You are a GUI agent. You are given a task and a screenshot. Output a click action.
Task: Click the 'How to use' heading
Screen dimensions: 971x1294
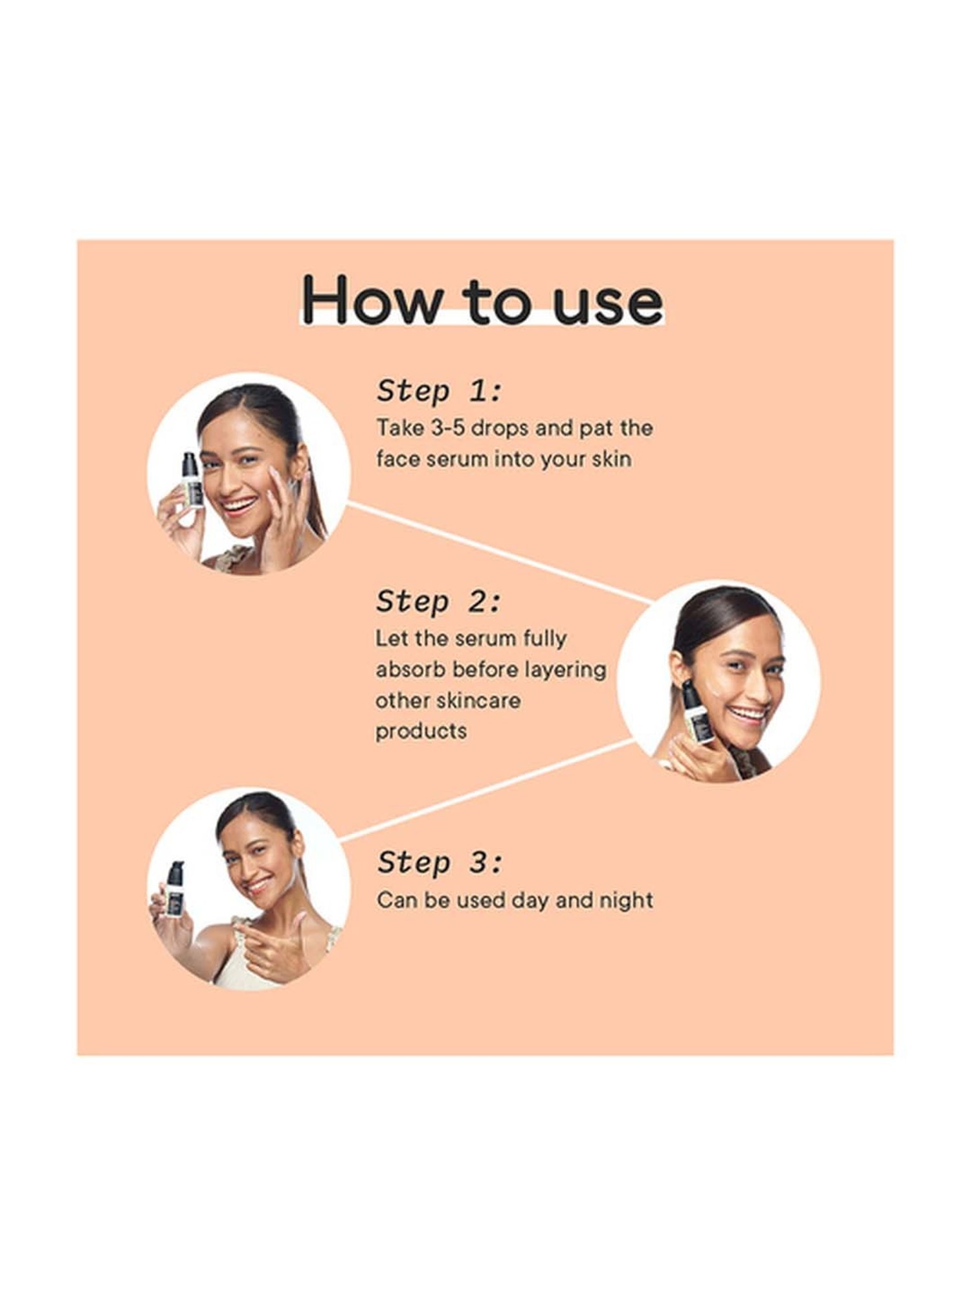tap(482, 301)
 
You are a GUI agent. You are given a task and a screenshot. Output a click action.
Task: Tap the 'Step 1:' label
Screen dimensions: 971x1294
tap(439, 391)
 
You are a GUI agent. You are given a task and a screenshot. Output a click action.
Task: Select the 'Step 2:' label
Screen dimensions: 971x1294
tap(439, 602)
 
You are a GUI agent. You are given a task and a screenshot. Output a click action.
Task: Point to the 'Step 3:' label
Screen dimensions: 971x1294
tap(439, 862)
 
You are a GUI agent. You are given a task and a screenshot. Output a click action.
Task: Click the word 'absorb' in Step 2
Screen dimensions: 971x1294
tap(410, 669)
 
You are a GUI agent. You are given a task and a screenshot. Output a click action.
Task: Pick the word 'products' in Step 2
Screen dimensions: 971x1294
tap(421, 732)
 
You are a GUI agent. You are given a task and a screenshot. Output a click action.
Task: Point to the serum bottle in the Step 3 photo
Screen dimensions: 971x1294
tap(173, 890)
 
